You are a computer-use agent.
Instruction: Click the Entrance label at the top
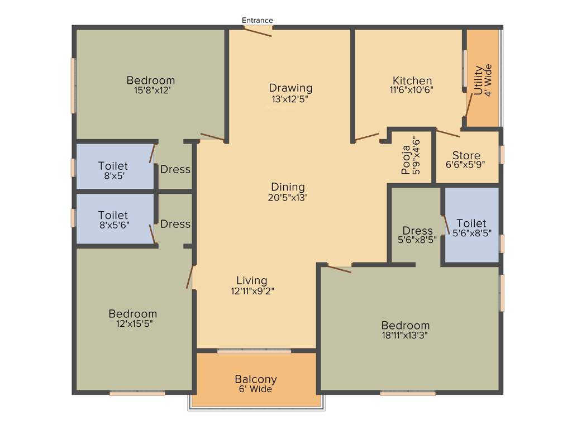(257, 21)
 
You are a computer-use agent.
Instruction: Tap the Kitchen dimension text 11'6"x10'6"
(412, 89)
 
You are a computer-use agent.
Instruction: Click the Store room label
(466, 156)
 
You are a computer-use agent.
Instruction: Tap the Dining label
(288, 187)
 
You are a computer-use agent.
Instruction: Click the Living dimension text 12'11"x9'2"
(251, 290)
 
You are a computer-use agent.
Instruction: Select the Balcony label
(255, 379)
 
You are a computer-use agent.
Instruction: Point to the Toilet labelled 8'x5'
(113, 166)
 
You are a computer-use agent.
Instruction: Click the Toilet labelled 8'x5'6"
(113, 215)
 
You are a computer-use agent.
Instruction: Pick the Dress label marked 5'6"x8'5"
(417, 231)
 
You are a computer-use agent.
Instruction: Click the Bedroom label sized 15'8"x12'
(150, 80)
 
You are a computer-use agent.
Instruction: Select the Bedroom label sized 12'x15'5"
(132, 313)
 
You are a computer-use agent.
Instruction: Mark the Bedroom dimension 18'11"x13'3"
(406, 335)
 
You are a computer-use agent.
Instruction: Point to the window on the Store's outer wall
(502, 154)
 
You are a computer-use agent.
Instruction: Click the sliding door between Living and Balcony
(254, 351)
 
